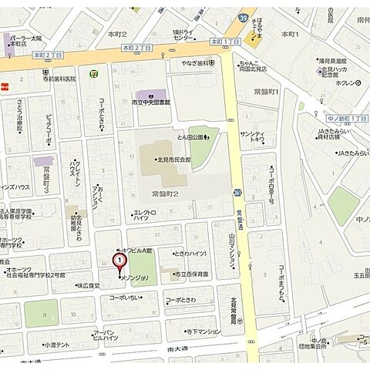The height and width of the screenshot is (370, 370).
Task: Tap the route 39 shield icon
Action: coord(243,17)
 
